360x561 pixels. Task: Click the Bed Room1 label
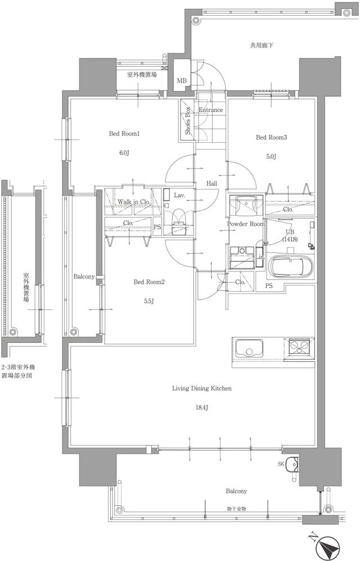tap(124, 134)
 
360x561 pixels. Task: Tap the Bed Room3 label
tap(272, 137)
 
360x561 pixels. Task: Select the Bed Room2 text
tap(148, 282)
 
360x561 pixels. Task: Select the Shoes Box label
tap(188, 122)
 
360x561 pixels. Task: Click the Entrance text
tap(211, 110)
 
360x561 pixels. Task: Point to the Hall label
tap(212, 184)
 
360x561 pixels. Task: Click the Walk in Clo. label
tap(133, 202)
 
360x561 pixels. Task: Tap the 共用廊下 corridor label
tap(262, 45)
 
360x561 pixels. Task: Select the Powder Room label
tap(245, 224)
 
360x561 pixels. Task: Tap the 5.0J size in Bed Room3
tap(271, 157)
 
